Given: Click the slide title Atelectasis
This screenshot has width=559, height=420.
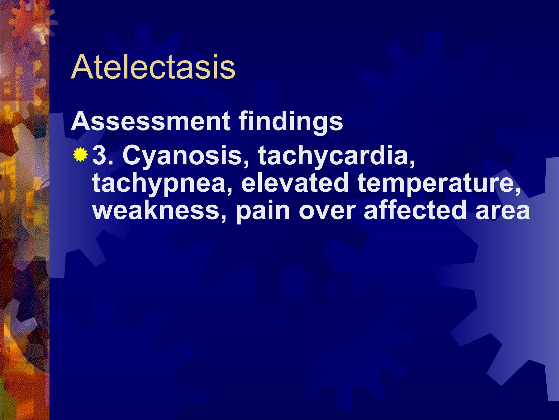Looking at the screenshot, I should coord(153,67).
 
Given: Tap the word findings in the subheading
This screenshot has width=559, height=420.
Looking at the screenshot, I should coord(291,122).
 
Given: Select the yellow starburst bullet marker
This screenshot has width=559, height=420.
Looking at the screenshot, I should coord(80,154).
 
